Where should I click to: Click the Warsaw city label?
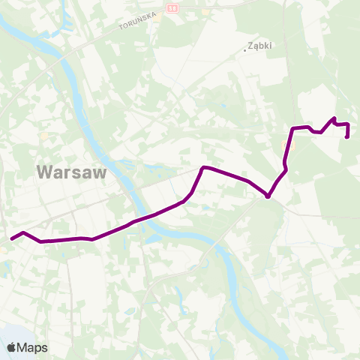(x=72, y=172)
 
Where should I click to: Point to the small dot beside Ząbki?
(x=246, y=50)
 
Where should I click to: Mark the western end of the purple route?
(x=11, y=239)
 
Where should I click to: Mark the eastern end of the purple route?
(x=346, y=137)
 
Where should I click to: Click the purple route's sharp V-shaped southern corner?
(x=268, y=197)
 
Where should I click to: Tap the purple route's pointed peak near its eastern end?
(x=334, y=118)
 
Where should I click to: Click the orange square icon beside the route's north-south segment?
(x=282, y=144)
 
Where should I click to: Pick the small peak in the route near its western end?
(x=24, y=232)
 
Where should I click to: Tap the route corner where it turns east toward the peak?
(x=292, y=129)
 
